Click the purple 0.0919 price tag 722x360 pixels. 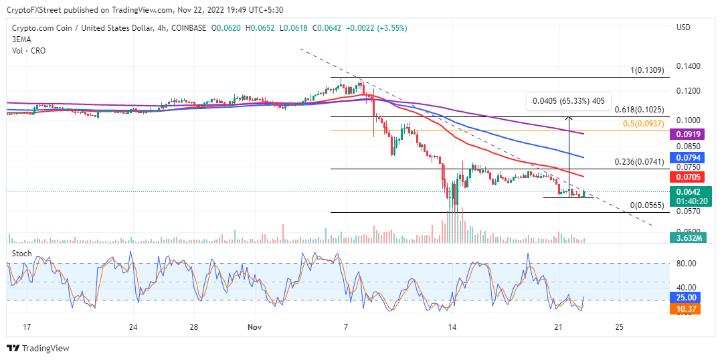tap(687, 134)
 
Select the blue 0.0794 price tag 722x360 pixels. tap(687, 157)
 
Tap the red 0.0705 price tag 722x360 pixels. tap(687, 177)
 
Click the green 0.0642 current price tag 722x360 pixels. tap(687, 191)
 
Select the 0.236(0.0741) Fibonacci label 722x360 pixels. tap(640, 162)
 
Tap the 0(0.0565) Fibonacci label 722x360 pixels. tap(648, 205)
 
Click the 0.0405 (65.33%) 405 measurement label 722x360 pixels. tap(567, 101)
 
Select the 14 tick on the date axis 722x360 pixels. tap(452, 327)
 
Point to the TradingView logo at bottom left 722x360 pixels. tap(38, 348)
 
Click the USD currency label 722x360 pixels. tap(683, 27)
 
